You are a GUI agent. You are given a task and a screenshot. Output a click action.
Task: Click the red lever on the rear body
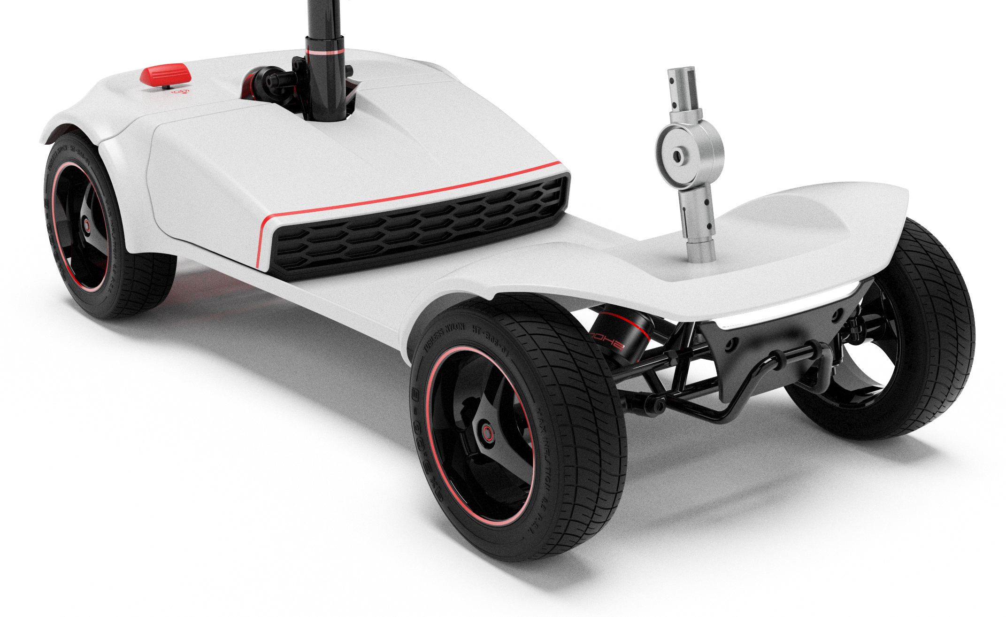166,75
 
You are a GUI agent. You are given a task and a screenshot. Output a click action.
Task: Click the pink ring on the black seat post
324,51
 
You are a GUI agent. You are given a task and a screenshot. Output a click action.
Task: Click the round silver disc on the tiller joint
678,156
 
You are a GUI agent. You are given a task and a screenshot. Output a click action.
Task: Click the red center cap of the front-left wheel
488,432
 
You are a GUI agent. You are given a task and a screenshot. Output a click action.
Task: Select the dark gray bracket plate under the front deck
732,357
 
